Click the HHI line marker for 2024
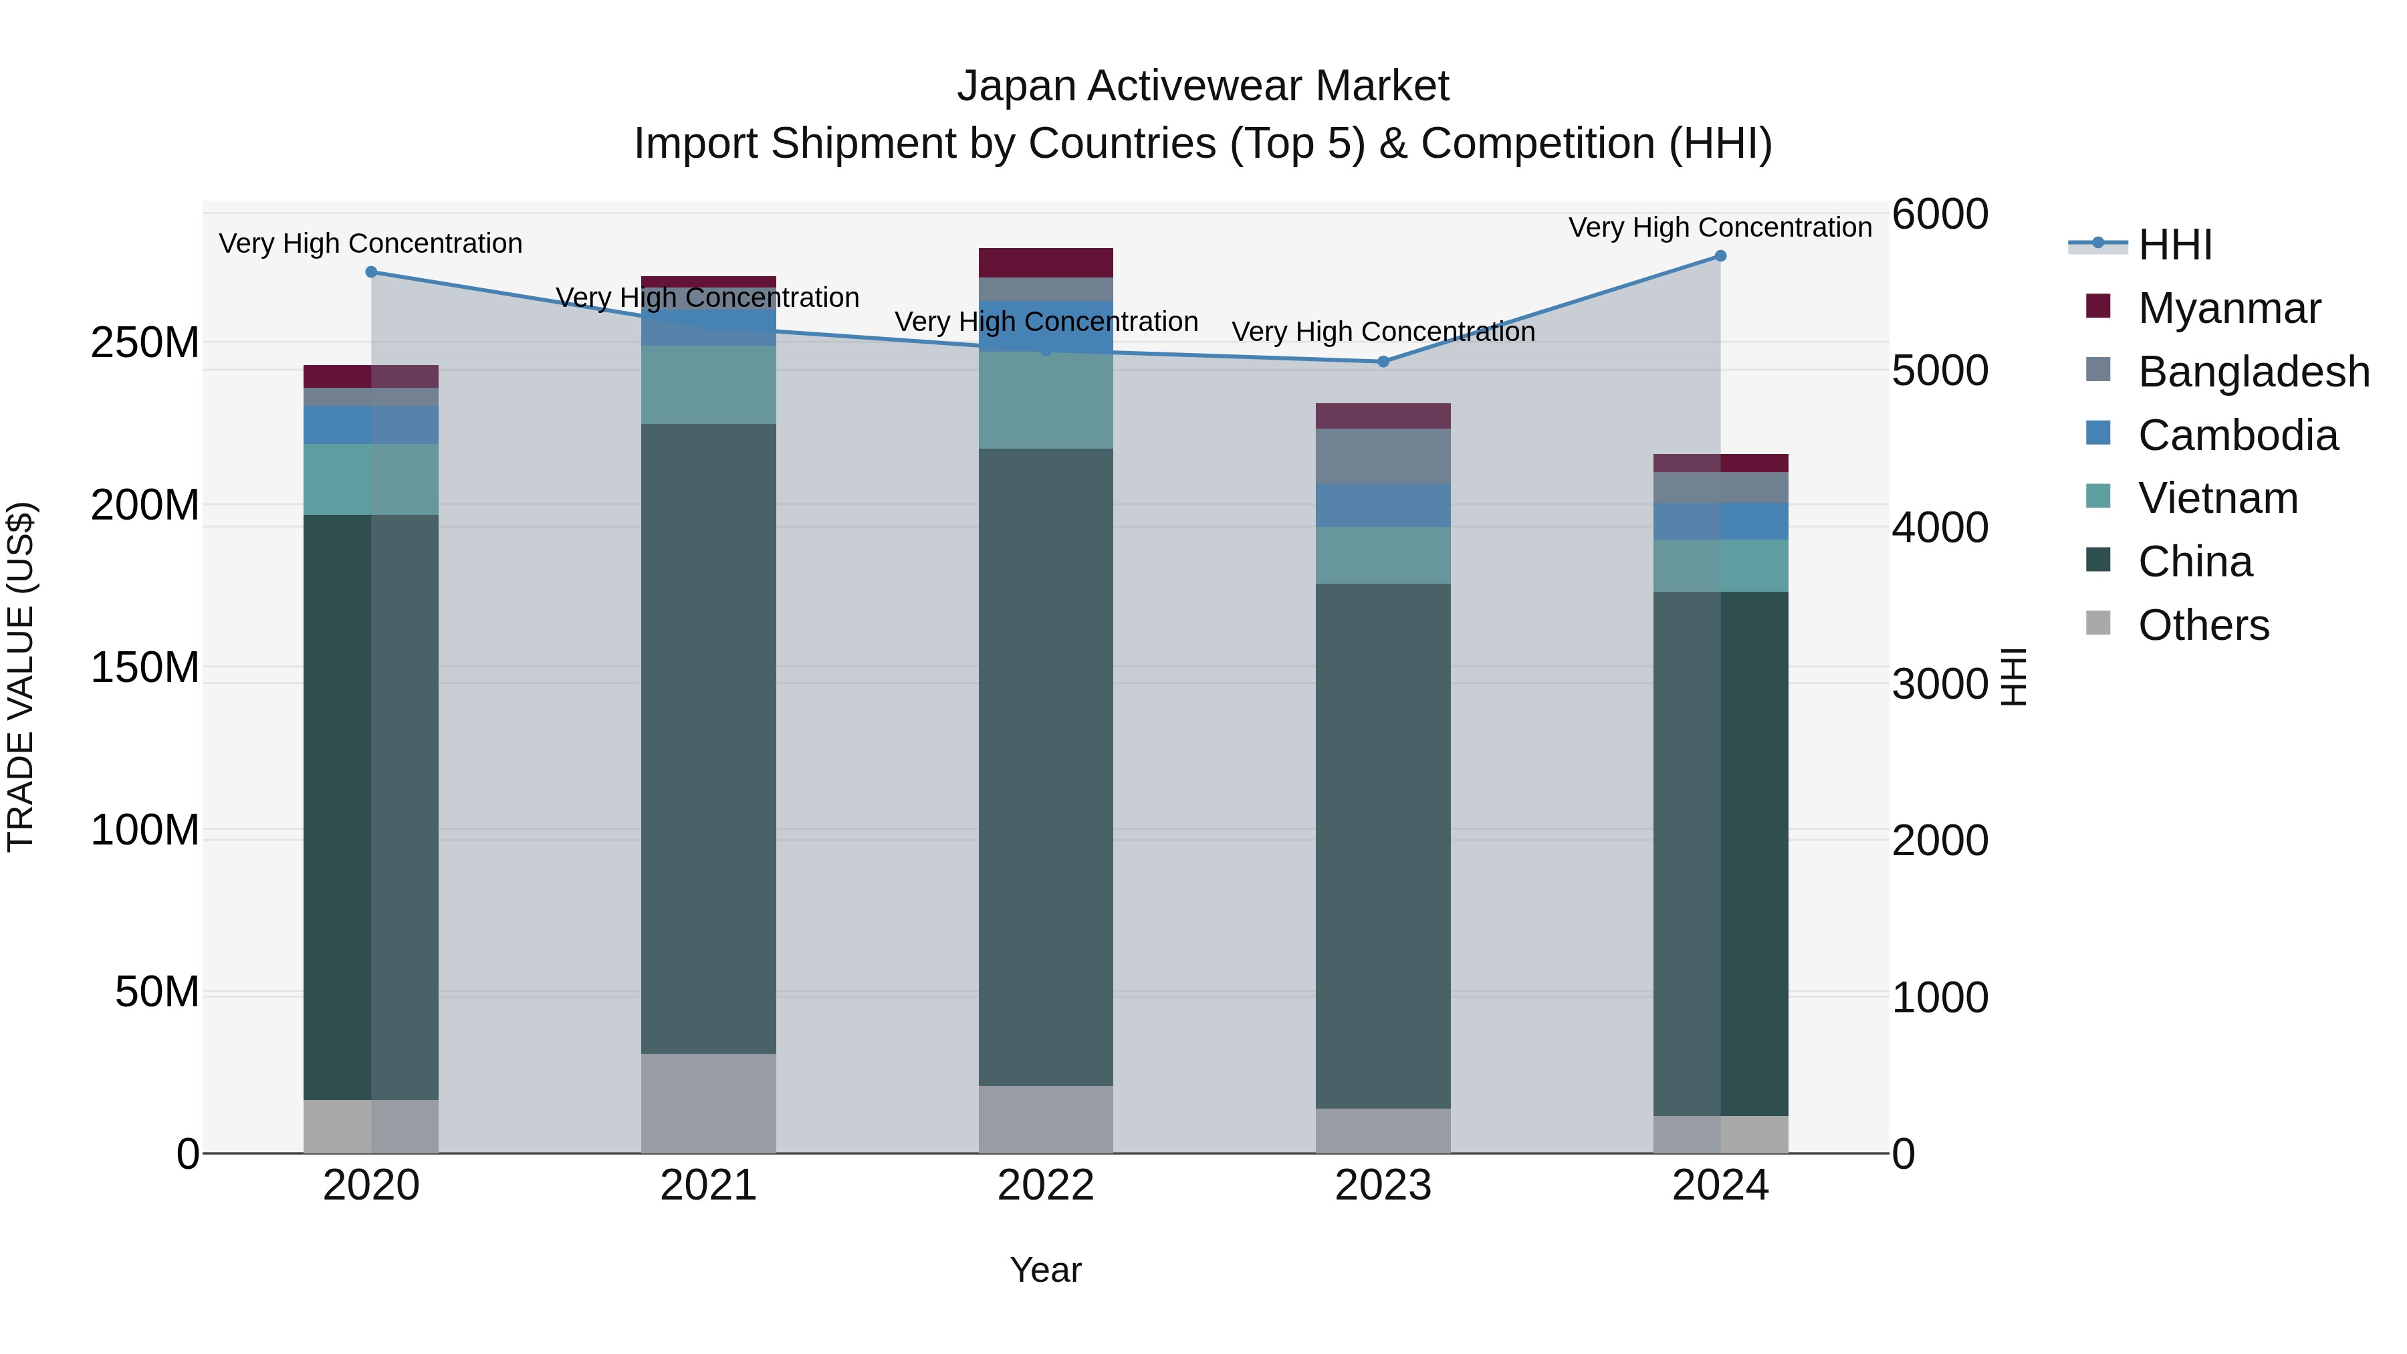[x=1720, y=256]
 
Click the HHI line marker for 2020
[x=371, y=272]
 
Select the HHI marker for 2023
[x=1383, y=362]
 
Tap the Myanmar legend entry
[x=2228, y=308]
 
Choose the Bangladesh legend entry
[x=2252, y=372]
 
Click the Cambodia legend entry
[x=2237, y=435]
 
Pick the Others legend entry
[x=2202, y=625]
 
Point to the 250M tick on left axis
[x=145, y=343]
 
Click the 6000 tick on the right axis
[x=1940, y=214]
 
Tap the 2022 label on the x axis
[x=1046, y=1186]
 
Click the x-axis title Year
[x=1046, y=1270]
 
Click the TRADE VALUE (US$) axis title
[x=21, y=677]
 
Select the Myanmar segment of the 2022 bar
[x=1046, y=263]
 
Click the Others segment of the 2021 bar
[x=708, y=1103]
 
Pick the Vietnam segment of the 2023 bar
[x=1383, y=555]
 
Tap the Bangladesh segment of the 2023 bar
[x=1383, y=456]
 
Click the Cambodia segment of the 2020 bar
[x=371, y=425]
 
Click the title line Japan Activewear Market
[x=1203, y=86]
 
